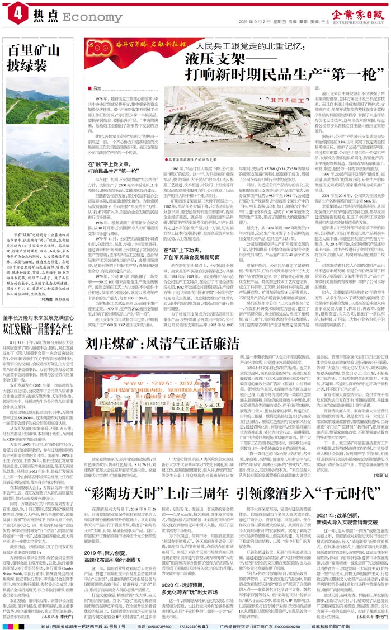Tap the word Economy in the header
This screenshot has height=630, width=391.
(x=84, y=17)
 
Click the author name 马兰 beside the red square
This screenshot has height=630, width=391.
(x=97, y=88)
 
